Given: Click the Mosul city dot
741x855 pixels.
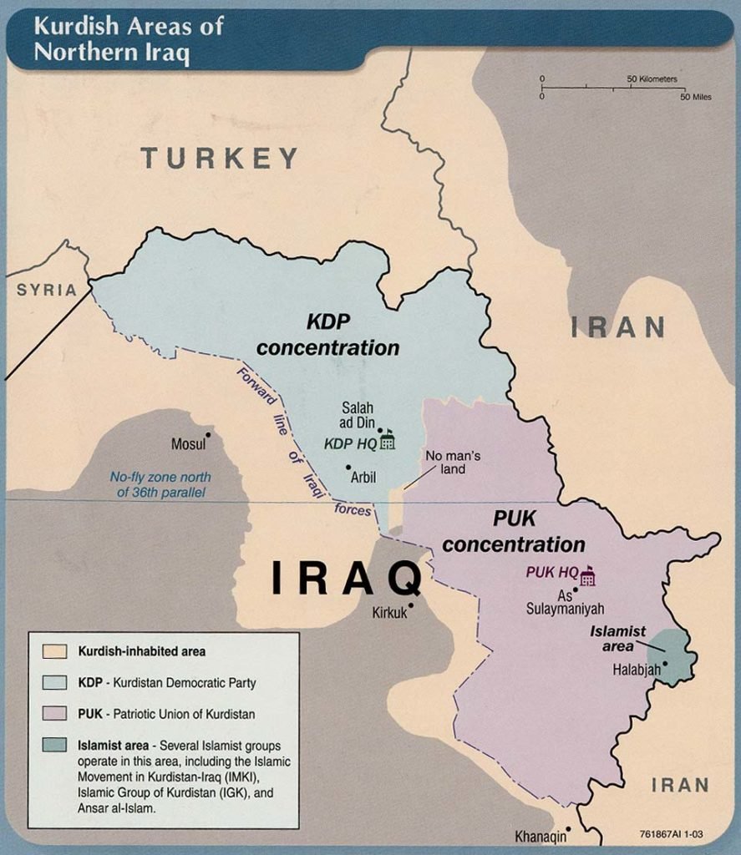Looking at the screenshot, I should point(208,434).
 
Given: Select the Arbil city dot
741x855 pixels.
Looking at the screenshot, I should point(348,467).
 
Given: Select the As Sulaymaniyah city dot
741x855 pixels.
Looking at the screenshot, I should point(576,590).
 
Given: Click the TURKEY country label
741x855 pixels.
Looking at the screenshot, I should point(220,158).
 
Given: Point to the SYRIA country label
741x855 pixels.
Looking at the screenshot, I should point(47,290).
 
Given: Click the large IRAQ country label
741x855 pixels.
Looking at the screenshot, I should point(345,579).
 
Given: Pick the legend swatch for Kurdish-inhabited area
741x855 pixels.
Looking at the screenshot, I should point(54,650).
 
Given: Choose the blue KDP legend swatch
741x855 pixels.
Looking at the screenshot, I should point(54,682).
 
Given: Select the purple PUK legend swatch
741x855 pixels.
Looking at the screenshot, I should point(54,714).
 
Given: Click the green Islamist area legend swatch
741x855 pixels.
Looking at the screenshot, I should point(54,746).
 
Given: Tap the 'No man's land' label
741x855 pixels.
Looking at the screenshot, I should point(454,463).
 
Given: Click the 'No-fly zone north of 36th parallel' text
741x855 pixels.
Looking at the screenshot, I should point(158,485).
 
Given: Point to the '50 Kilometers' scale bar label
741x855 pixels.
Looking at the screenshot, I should point(652,79).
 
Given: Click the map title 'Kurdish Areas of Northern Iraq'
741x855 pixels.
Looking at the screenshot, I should point(129,39).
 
